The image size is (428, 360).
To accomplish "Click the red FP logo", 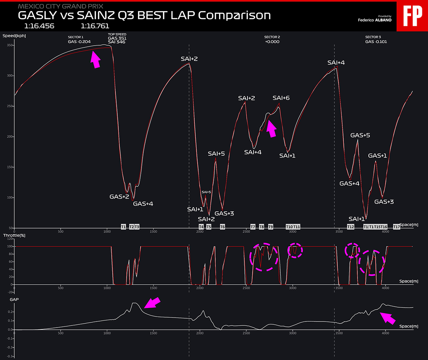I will pos(412,16).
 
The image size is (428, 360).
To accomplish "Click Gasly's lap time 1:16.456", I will pos(39,26).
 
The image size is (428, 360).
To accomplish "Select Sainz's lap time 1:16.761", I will pos(95,26).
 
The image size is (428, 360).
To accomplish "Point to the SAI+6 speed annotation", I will pos(281,98).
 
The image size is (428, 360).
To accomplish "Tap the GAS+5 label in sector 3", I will pos(360,135).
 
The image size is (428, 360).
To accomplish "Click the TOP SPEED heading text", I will pos(117,35).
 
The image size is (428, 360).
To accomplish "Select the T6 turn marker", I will pos(223,227).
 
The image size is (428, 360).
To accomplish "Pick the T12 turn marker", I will pos(351,227).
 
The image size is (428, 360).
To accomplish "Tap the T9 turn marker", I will pos(271,227).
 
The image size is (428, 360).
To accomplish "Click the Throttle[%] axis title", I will pos(14,235).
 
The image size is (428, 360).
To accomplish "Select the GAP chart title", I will pos(14,299).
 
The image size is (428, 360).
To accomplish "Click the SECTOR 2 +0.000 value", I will pos(272,42).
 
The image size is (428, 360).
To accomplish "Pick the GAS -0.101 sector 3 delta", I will pos(376,42).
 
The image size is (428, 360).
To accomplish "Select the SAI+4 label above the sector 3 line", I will pos(336,63).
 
